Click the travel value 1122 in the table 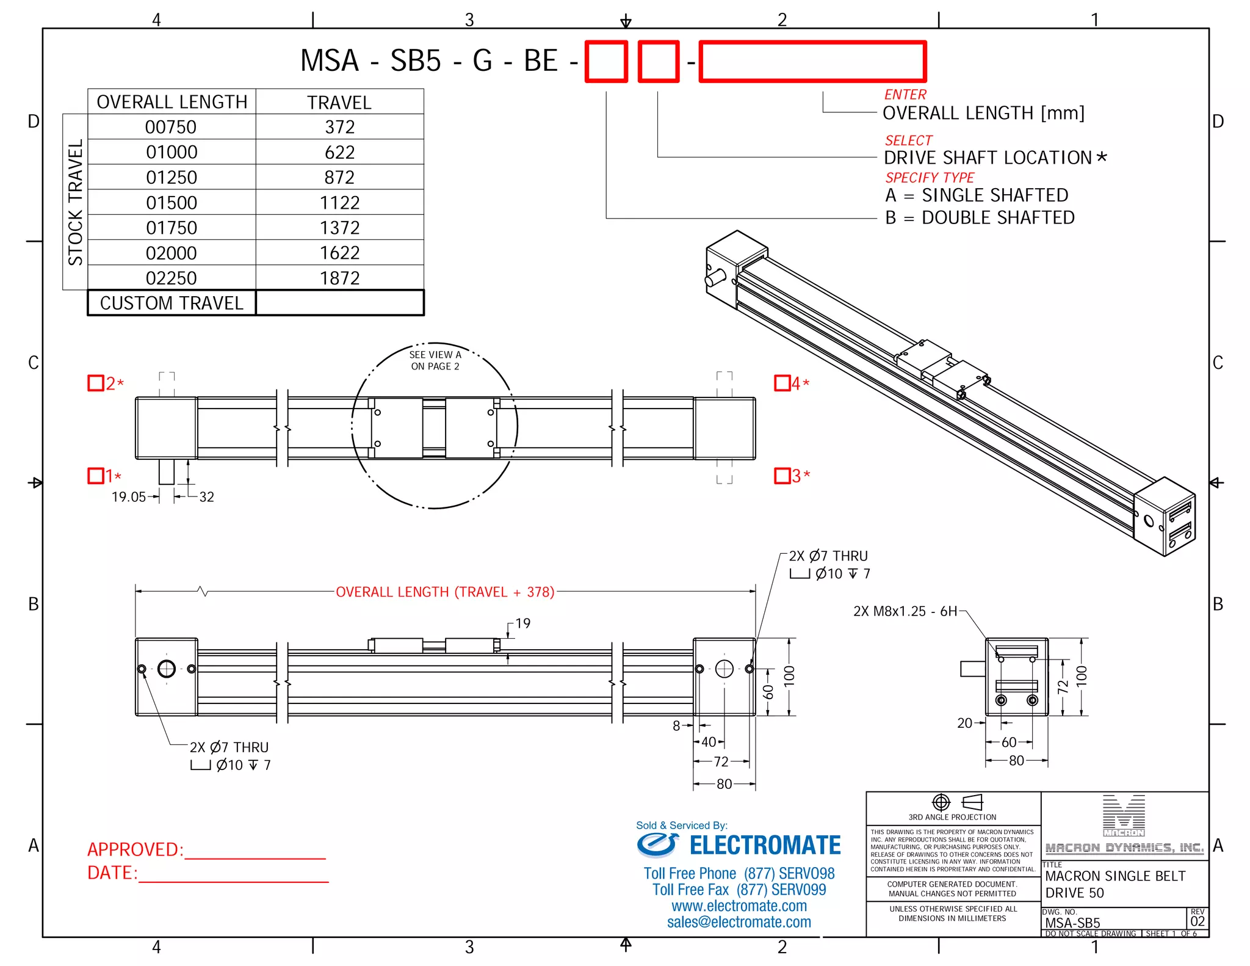point(339,203)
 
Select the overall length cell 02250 point(172,278)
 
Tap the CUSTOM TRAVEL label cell point(172,303)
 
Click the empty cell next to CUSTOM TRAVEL point(339,303)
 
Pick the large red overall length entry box point(812,61)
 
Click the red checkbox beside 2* point(96,383)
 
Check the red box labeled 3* point(782,476)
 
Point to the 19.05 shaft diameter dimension point(128,497)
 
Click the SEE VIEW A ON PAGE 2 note point(435,360)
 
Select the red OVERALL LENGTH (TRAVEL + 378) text point(445,592)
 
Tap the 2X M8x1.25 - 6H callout point(905,611)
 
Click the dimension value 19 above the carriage point(523,623)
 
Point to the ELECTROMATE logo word point(765,846)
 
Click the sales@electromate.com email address point(739,922)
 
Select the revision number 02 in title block point(1198,921)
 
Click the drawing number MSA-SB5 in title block point(1072,923)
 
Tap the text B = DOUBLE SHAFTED point(980,218)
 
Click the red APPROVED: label point(135,849)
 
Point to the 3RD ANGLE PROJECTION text point(952,817)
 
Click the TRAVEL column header point(339,103)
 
